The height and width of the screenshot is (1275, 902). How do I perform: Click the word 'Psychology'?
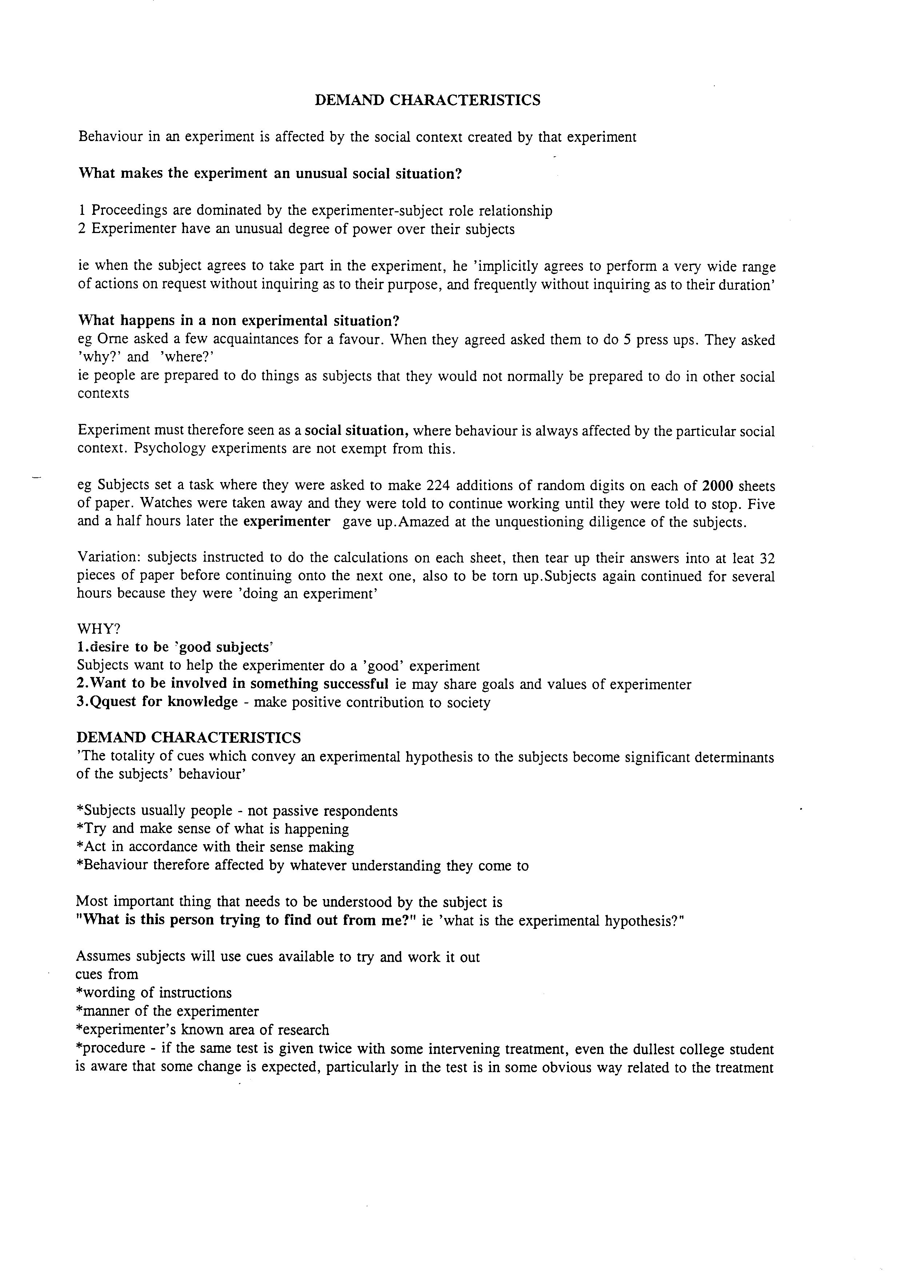coord(169,448)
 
